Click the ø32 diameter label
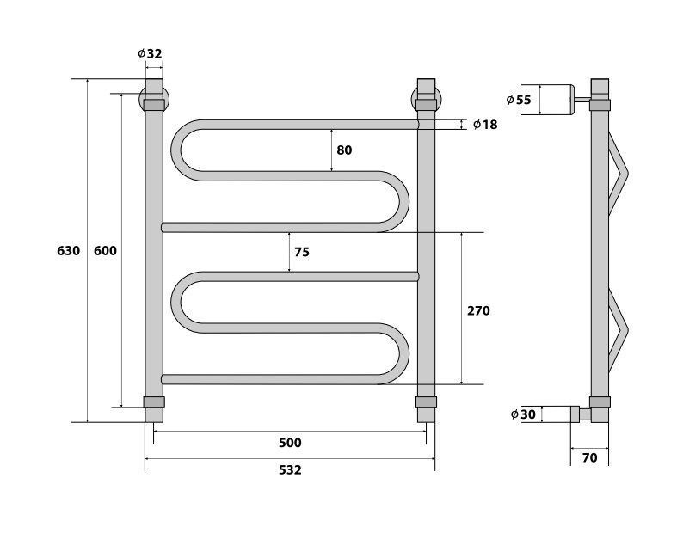[x=150, y=53]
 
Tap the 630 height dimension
[x=68, y=251]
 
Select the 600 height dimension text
[x=105, y=251]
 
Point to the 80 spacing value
[x=344, y=150]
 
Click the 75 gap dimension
[x=302, y=252]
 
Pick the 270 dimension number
[x=478, y=310]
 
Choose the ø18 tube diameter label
[x=485, y=125]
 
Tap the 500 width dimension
[x=290, y=443]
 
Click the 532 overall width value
[x=290, y=469]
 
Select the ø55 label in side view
[x=519, y=100]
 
